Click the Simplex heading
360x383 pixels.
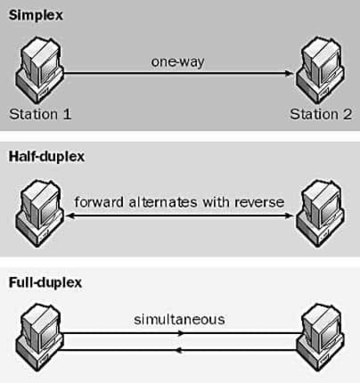point(36,15)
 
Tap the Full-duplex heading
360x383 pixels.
point(45,282)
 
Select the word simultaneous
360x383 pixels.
point(179,319)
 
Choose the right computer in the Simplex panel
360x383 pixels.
point(320,69)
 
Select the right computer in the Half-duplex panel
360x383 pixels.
point(320,212)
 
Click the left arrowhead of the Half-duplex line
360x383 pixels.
point(70,216)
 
